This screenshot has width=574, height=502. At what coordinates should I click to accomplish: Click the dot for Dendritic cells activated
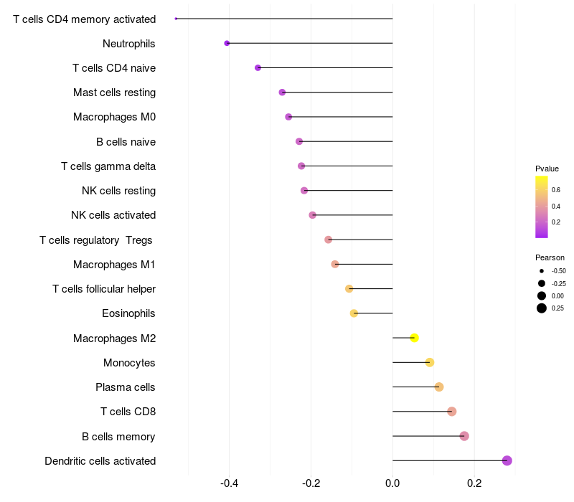(x=507, y=460)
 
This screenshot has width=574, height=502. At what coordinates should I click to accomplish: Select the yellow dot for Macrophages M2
(x=414, y=338)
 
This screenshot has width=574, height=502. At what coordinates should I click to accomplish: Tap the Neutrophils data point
(x=227, y=43)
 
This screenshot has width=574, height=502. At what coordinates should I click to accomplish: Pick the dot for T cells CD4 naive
(x=258, y=67)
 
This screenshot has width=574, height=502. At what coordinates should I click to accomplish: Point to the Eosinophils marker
(x=354, y=313)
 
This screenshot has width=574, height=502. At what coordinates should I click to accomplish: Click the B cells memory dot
(x=464, y=436)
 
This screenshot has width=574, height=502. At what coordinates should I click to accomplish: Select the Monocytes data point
(x=430, y=362)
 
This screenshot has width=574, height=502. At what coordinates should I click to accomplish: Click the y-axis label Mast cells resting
(x=114, y=93)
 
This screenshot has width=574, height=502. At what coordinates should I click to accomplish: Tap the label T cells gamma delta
(x=108, y=166)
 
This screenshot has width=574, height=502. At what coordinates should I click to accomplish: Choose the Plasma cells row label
(x=126, y=387)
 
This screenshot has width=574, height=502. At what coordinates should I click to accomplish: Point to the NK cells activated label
(x=113, y=215)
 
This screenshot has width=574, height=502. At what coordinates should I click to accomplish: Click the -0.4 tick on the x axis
(x=229, y=484)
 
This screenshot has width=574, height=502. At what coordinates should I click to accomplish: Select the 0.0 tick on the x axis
(x=392, y=484)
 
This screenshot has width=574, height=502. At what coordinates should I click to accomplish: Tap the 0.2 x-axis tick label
(x=474, y=484)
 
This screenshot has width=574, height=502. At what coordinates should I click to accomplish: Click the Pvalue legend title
(x=547, y=169)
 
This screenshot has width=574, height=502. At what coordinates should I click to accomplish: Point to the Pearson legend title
(x=550, y=257)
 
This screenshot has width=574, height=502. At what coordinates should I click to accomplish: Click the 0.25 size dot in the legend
(x=541, y=308)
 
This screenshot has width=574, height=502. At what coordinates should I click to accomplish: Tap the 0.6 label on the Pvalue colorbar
(x=556, y=189)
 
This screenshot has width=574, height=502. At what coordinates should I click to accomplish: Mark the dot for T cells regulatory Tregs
(x=328, y=240)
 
